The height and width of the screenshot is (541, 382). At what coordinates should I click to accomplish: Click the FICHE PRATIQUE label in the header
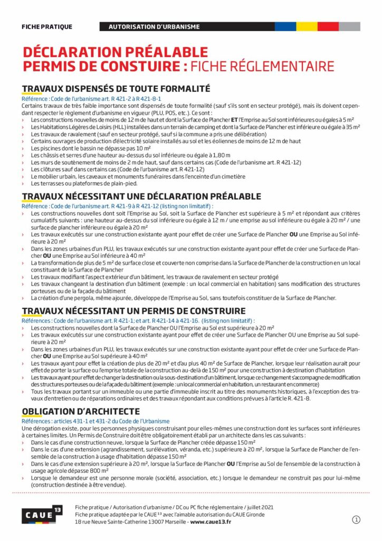point(47,26)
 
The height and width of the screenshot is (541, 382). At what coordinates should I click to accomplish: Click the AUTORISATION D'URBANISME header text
point(154,26)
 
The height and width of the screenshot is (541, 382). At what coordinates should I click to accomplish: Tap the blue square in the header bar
point(285,26)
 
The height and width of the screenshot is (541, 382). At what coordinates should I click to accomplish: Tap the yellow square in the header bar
point(307,26)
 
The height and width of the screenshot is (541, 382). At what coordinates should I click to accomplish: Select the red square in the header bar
point(328,26)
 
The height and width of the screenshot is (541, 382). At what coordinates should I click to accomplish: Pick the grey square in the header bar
point(349,26)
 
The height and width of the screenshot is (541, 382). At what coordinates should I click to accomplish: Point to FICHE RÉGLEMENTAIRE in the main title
point(262,67)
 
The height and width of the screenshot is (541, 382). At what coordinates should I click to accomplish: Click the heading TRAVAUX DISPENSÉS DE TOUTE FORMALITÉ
point(116,89)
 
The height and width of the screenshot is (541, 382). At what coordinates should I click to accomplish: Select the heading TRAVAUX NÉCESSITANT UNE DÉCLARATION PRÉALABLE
point(141,197)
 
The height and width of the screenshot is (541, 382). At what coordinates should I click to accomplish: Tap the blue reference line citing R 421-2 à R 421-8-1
point(91,99)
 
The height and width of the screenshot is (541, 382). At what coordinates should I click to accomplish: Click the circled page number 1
point(356,520)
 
